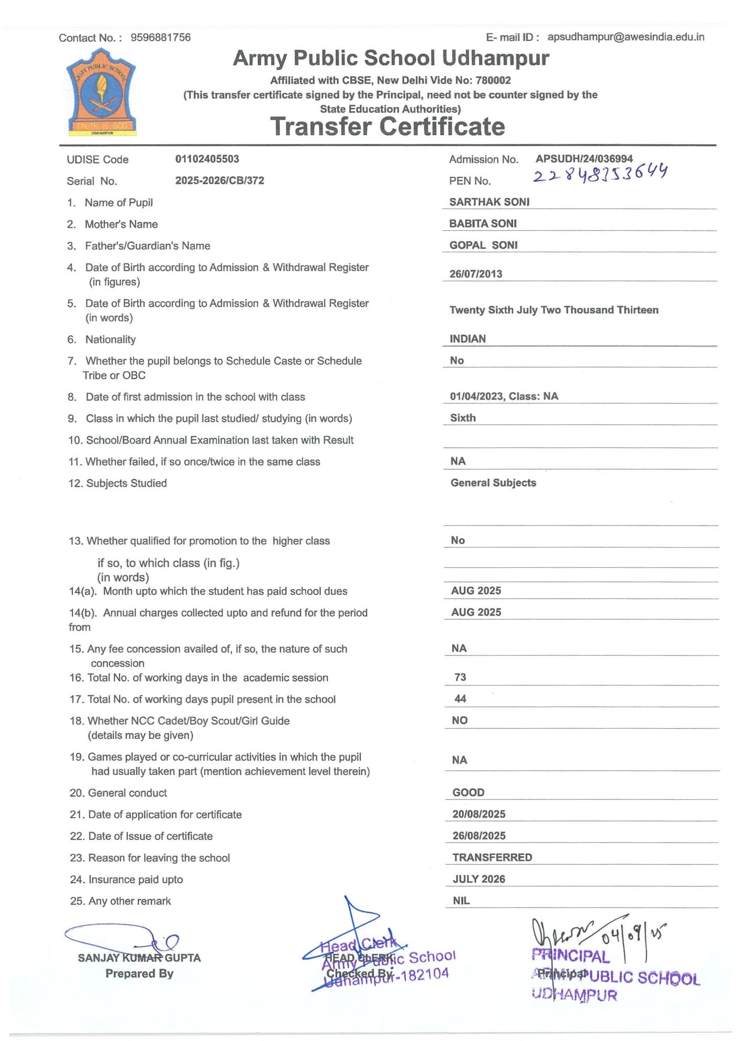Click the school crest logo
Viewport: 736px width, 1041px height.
[x=101, y=94]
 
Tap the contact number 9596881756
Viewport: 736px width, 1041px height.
[x=160, y=37]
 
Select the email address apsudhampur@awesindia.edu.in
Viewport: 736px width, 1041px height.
[x=626, y=37]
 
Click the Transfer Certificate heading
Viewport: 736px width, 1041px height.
[x=388, y=127]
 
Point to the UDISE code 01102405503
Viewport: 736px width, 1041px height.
[x=207, y=159]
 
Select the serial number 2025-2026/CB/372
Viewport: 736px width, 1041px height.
[x=219, y=180]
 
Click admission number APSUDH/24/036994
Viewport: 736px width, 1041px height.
[x=584, y=159]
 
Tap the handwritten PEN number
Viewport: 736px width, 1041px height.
[x=600, y=174]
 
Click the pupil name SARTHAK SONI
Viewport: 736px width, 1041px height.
[x=489, y=202]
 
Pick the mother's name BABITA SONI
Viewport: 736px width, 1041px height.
[x=482, y=224]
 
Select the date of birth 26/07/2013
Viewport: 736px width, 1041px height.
[x=475, y=274]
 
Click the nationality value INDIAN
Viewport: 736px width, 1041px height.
[x=467, y=339]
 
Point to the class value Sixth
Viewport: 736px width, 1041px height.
[x=463, y=418]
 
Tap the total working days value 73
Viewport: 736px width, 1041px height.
[x=460, y=677]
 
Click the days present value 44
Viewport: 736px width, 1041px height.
[x=460, y=699]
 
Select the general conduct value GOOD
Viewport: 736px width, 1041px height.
[x=468, y=792]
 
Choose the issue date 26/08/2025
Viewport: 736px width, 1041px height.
[x=478, y=836]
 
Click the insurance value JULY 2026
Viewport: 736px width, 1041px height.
[x=478, y=879]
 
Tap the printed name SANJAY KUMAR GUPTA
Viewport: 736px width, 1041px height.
[x=139, y=958]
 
